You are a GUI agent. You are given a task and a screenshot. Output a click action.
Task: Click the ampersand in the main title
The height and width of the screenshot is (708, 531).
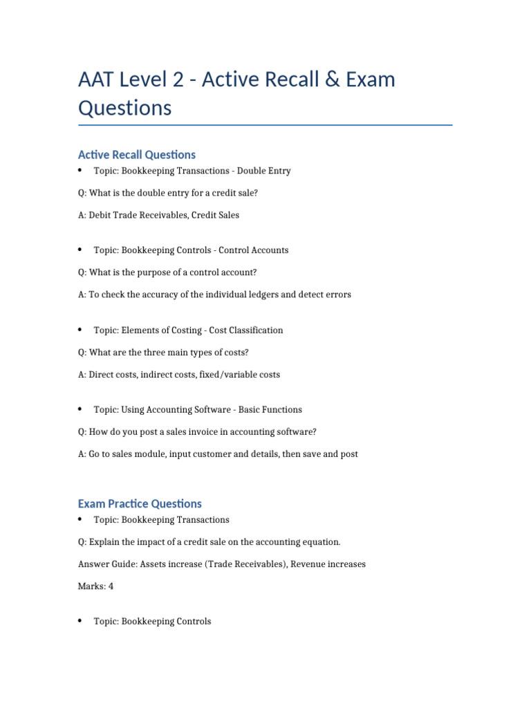pos(315,80)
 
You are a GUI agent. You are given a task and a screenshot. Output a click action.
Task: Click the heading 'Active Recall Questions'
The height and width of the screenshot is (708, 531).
pos(137,155)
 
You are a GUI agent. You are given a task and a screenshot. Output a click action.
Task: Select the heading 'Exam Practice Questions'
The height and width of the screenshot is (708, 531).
pos(140,504)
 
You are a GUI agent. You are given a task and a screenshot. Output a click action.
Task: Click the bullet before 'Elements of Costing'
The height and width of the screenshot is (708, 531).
pos(80,330)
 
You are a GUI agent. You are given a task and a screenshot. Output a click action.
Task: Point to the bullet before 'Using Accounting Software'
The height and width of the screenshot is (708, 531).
pos(80,409)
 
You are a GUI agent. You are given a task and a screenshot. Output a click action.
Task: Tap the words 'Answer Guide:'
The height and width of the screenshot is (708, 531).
pos(107,564)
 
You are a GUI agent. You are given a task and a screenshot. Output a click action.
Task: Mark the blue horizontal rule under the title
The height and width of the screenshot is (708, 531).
pos(265,125)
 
